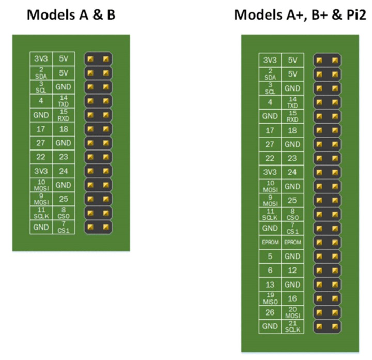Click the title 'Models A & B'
[x=71, y=14]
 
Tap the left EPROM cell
[x=270, y=242]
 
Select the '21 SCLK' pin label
[x=292, y=326]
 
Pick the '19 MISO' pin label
[x=270, y=298]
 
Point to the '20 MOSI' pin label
[x=292, y=312]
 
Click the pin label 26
[x=270, y=312]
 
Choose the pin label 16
[x=292, y=298]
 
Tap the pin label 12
[x=292, y=270]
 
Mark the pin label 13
[x=270, y=284]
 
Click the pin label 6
[x=270, y=270]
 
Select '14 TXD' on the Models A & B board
[x=64, y=100]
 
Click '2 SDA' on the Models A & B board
[x=41, y=73]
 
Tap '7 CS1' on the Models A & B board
[x=64, y=227]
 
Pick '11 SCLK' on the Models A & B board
[x=41, y=213]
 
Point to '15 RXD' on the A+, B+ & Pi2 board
[x=292, y=116]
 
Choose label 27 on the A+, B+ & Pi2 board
[x=270, y=144]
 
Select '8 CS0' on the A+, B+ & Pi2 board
[x=292, y=214]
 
